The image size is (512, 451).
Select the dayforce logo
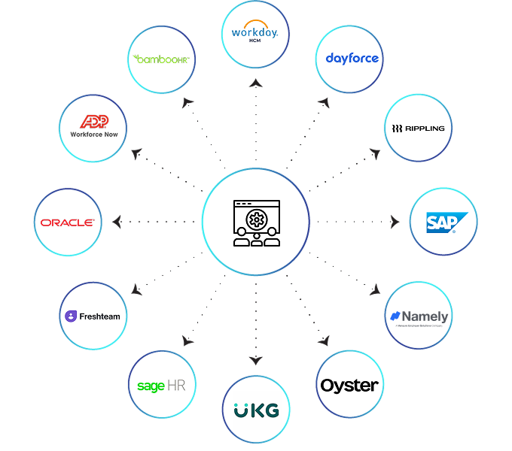point(352,59)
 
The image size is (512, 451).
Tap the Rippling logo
point(418,128)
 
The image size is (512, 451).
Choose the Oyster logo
point(349,386)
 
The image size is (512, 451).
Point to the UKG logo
point(256,410)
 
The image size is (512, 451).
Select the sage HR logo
point(162,385)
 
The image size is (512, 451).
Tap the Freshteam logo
point(93,316)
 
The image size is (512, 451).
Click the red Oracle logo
point(68,222)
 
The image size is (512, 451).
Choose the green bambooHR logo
point(161,59)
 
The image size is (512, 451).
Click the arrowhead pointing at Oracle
point(117,222)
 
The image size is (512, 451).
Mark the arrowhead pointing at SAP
point(395,222)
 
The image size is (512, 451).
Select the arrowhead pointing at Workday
point(256,83)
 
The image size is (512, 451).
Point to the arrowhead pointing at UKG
point(256,360)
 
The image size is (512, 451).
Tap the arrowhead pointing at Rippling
point(375,153)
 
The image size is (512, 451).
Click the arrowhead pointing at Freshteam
point(136,290)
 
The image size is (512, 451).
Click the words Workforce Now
point(93,135)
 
